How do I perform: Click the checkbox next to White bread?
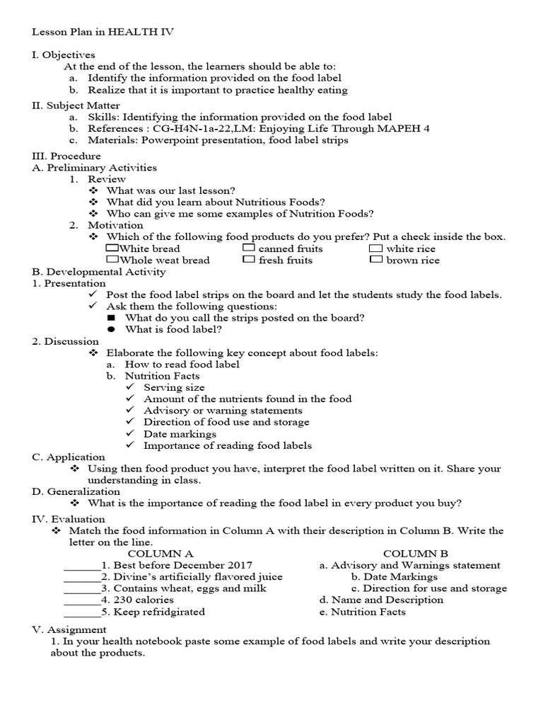(112, 248)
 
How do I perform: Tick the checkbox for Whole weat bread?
(112, 259)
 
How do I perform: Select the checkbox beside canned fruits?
(248, 248)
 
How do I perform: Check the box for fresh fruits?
(248, 259)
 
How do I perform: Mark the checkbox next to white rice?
(375, 248)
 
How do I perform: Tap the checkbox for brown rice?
(375, 260)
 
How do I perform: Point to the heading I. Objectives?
(64, 55)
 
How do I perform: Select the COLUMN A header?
(160, 553)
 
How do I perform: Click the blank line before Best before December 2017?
(81, 566)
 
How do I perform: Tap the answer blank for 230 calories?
(81, 600)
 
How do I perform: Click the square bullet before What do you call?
(111, 318)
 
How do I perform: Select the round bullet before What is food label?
(111, 329)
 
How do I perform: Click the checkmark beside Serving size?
(130, 387)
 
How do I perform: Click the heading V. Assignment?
(69, 629)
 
